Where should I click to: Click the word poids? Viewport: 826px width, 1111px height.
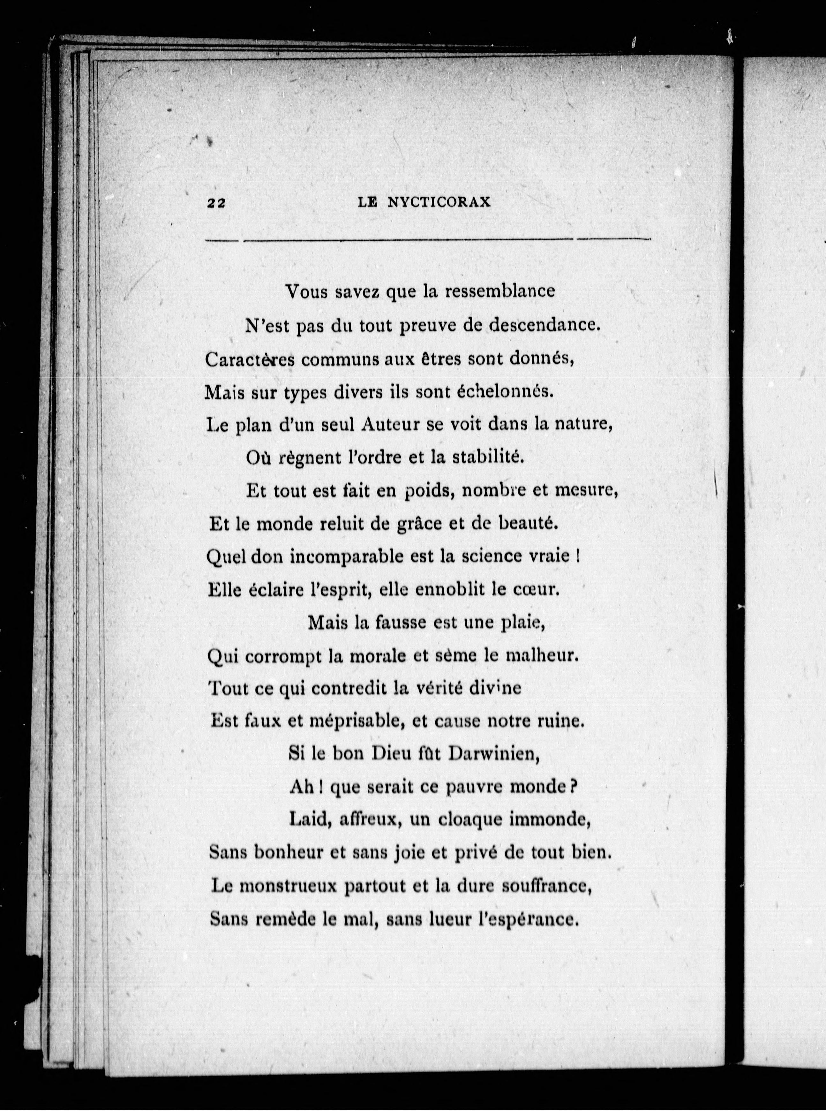click(x=426, y=492)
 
